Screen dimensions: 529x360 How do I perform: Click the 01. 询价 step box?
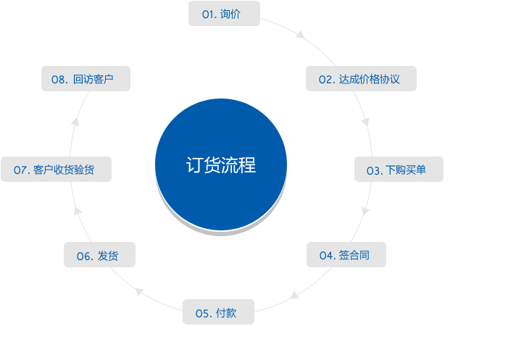[x=224, y=14]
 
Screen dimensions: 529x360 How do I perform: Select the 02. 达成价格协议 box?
[x=361, y=78]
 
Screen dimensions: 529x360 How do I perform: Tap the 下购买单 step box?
[x=399, y=169]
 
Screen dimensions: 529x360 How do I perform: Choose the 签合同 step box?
[x=346, y=254]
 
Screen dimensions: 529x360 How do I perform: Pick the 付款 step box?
[x=218, y=311]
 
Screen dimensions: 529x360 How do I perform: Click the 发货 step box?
[x=99, y=254]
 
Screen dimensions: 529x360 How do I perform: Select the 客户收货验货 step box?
[x=56, y=169]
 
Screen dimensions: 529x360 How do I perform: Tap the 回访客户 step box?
[x=86, y=78]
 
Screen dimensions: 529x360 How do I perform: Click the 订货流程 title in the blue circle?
[x=221, y=165]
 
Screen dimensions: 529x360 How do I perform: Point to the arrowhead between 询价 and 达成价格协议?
[x=300, y=34]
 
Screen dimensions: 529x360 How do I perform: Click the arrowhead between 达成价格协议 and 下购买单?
[x=365, y=122]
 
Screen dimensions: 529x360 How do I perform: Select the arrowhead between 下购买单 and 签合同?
[x=365, y=211]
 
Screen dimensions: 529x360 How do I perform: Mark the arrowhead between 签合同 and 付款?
[x=294, y=296]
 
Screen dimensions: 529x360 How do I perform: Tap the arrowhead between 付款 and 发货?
[x=139, y=291]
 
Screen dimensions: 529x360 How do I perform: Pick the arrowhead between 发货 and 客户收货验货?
[x=78, y=211]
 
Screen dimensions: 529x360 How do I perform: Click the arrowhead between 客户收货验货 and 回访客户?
[x=75, y=122]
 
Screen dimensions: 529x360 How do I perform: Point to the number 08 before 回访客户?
[x=58, y=80]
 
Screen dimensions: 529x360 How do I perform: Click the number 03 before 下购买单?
[x=373, y=171]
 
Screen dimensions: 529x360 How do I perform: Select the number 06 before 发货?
[x=83, y=256]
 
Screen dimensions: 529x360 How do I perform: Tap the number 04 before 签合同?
[x=326, y=256]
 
